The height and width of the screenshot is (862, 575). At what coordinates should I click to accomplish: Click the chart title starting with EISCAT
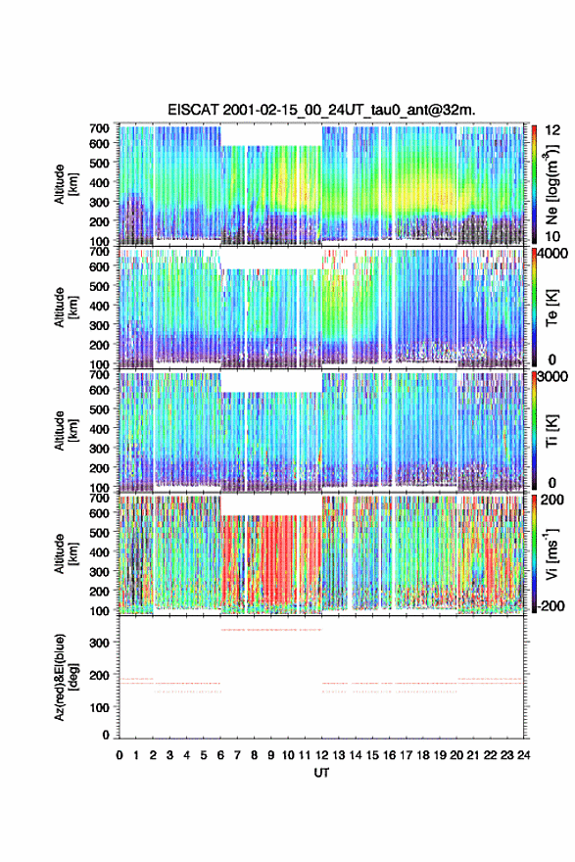pyautogui.click(x=321, y=110)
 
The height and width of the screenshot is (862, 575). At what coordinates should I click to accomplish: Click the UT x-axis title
pyautogui.click(x=321, y=773)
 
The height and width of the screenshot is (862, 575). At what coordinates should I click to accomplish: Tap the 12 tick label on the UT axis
pyautogui.click(x=321, y=755)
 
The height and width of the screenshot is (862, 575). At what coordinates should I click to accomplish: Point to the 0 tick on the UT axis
pyautogui.click(x=120, y=755)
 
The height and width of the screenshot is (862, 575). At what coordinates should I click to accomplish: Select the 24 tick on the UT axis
pyautogui.click(x=523, y=755)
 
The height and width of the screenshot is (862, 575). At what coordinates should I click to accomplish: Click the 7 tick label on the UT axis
pyautogui.click(x=237, y=755)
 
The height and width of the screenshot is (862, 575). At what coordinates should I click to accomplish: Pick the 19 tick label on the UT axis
pyautogui.click(x=439, y=755)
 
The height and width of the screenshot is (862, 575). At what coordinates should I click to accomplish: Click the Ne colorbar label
pyautogui.click(x=551, y=183)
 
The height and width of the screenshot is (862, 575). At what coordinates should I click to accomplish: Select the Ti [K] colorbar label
pyautogui.click(x=551, y=430)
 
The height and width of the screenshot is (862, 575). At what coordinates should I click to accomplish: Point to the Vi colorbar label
pyautogui.click(x=551, y=553)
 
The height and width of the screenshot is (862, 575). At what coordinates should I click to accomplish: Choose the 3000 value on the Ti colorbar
pyautogui.click(x=551, y=376)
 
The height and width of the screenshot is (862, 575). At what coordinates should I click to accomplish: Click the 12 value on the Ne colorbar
pyautogui.click(x=552, y=130)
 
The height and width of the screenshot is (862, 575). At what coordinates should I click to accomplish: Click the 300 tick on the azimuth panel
pyautogui.click(x=101, y=643)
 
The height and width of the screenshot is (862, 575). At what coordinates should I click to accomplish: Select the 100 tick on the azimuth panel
pyautogui.click(x=101, y=707)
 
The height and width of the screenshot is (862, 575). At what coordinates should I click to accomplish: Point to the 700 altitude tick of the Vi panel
pyautogui.click(x=100, y=498)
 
